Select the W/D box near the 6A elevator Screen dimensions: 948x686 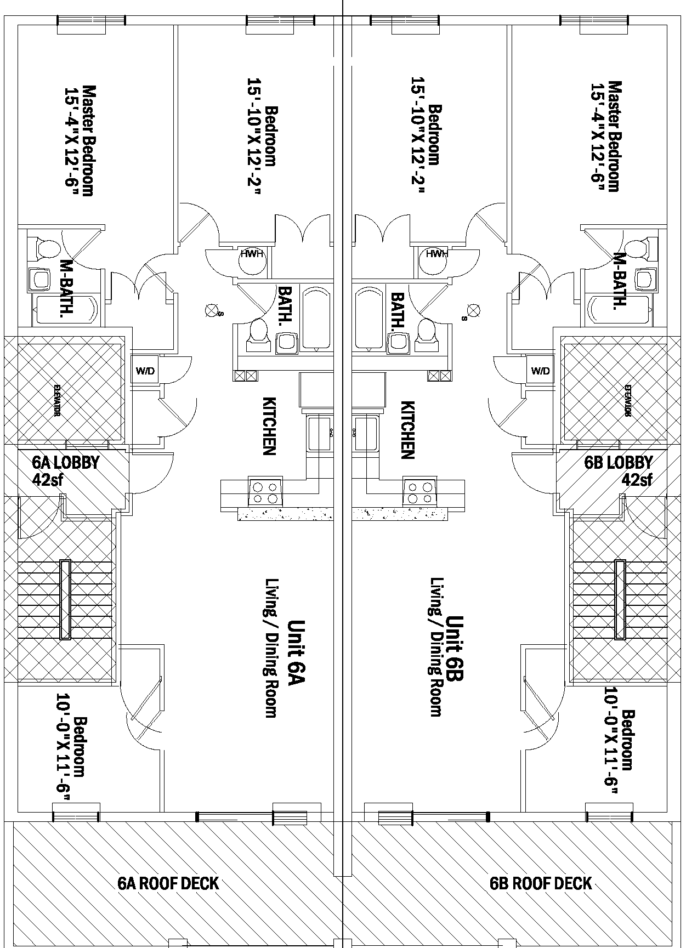point(145,371)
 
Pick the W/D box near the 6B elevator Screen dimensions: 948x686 point(540,371)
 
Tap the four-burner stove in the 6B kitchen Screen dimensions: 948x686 point(419,492)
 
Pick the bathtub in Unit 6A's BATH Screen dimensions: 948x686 point(316,318)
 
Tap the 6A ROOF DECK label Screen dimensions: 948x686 point(168,883)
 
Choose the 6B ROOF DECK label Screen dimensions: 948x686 point(541,883)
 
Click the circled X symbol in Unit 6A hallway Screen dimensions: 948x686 point(211,311)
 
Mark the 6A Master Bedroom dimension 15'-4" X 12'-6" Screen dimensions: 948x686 point(71,140)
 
